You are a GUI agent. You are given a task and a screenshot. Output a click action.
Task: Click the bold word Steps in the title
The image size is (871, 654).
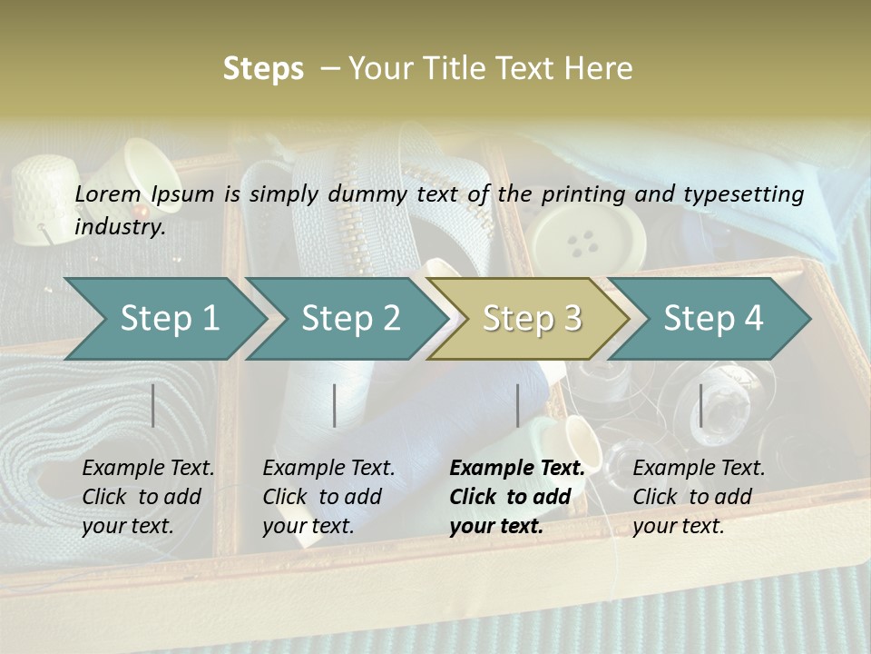coord(263,69)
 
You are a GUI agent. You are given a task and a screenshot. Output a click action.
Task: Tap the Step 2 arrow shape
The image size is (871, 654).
coord(350,318)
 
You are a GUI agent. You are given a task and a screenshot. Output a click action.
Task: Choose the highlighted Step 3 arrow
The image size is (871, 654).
coord(531,318)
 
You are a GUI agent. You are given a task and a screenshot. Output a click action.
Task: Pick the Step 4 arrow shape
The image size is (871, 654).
coord(713,318)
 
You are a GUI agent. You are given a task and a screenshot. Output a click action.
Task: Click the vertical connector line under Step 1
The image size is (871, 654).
coord(153,405)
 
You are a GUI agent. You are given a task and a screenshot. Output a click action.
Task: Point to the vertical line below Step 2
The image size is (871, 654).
coord(335,405)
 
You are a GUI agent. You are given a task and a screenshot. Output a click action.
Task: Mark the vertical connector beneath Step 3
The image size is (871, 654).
coord(517,405)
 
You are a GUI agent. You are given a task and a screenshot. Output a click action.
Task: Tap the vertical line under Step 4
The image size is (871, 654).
coord(700,405)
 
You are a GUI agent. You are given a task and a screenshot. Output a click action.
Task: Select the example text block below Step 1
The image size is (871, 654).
coord(148,496)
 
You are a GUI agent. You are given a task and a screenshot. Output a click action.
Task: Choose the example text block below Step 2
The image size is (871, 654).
coord(328,496)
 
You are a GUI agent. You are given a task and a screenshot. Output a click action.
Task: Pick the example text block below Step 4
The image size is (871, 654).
coord(699,496)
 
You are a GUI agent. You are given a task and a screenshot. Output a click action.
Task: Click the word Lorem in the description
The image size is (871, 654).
coord(107,193)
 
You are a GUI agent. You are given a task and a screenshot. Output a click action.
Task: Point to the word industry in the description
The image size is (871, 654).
coord(119,227)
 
